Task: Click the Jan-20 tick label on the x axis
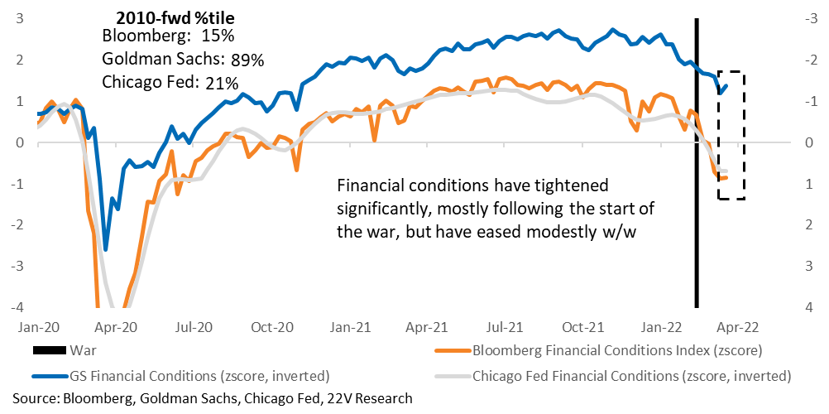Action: click(37, 326)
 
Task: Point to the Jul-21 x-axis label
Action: click(506, 326)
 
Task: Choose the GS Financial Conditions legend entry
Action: click(181, 377)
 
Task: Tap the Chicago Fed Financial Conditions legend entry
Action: click(612, 377)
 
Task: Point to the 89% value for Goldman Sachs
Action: click(247, 61)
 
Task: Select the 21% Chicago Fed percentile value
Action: click(222, 84)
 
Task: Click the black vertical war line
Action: click(697, 162)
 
